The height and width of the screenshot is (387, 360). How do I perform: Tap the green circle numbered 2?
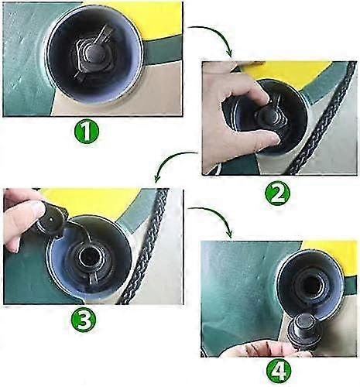tap(277, 193)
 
